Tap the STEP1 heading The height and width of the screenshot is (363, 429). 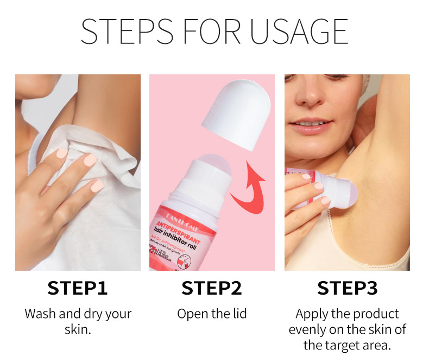pyautogui.click(x=78, y=288)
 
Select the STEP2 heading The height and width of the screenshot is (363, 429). pyautogui.click(x=212, y=288)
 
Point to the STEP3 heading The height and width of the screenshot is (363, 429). pyautogui.click(x=348, y=288)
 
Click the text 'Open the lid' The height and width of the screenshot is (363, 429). pyautogui.click(x=212, y=314)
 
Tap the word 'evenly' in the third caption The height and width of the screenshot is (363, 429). pyautogui.click(x=307, y=329)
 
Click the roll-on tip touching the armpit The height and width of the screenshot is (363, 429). pyautogui.click(x=348, y=192)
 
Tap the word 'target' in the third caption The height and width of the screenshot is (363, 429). pyautogui.click(x=343, y=345)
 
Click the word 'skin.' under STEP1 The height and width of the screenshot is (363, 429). pyautogui.click(x=78, y=329)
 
